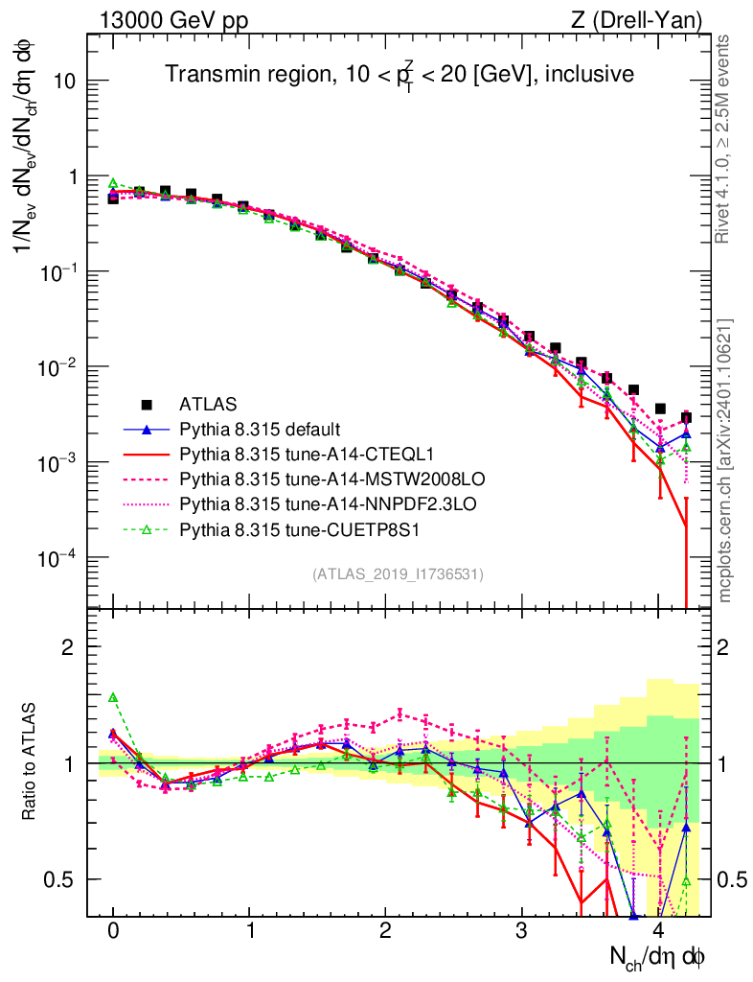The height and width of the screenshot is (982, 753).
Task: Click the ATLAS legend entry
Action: [x=208, y=404]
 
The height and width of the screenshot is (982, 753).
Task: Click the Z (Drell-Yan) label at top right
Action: [x=646, y=19]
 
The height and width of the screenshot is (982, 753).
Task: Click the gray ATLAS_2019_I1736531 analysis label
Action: [x=397, y=574]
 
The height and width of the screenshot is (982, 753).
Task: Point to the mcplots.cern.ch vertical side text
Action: [x=725, y=460]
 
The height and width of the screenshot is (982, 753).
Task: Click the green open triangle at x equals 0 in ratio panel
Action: [x=113, y=697]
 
